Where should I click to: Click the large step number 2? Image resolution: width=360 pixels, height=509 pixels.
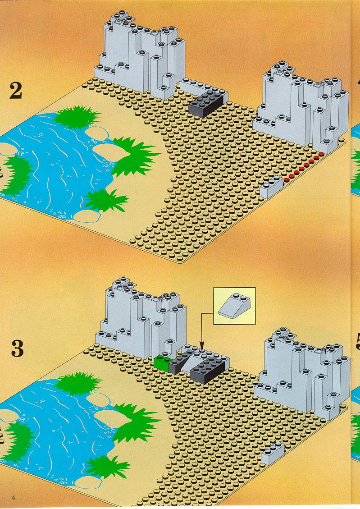coord(16,91)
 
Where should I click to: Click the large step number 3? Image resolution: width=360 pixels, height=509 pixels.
coord(17,349)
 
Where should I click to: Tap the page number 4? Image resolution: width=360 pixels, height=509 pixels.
coord(14,497)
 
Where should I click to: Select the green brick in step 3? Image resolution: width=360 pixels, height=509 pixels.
coord(163,362)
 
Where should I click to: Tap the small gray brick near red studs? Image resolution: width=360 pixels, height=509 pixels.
coord(271,187)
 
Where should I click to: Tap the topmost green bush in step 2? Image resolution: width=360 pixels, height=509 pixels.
coord(77,116)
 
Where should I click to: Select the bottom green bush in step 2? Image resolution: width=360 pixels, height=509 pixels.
coord(105,200)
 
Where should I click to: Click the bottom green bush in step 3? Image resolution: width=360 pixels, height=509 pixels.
coord(107,467)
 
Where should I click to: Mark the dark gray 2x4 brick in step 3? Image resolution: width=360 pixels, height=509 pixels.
coord(208,369)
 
